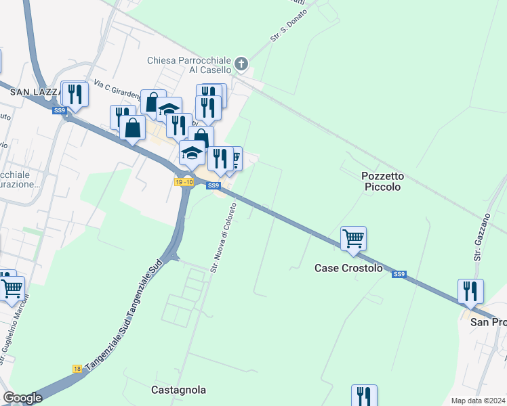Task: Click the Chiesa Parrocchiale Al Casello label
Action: pyautogui.click(x=189, y=65)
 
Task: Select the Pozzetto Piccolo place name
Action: pyautogui.click(x=383, y=181)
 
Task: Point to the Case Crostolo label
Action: pyautogui.click(x=348, y=268)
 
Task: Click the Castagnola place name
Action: pyautogui.click(x=178, y=390)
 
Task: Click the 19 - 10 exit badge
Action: pyautogui.click(x=184, y=182)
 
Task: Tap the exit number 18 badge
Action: pyautogui.click(x=77, y=369)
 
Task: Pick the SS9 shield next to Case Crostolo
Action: pyautogui.click(x=399, y=274)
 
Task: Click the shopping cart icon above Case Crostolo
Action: pyautogui.click(x=353, y=239)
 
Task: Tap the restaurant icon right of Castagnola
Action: pyautogui.click(x=364, y=396)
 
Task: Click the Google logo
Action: pyautogui.click(x=22, y=397)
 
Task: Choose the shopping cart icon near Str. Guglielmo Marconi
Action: pyautogui.click(x=12, y=288)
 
